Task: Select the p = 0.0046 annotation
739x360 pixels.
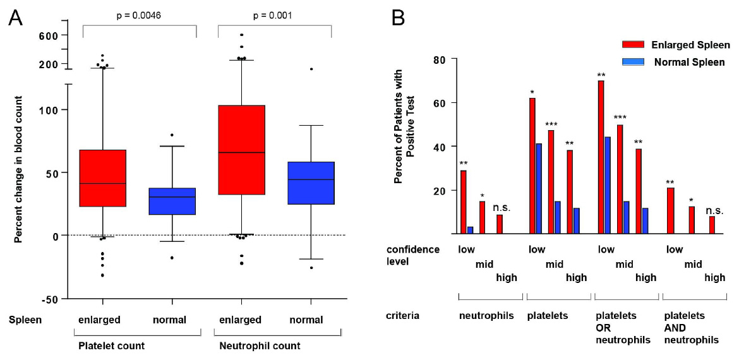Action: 140,15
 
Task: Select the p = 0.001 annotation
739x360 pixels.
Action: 274,15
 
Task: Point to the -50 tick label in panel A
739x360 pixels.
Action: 51,299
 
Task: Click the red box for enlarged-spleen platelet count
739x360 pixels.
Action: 103,178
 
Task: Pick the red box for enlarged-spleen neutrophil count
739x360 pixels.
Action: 241,150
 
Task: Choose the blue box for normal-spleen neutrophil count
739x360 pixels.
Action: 311,183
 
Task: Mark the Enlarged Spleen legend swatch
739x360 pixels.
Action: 632,45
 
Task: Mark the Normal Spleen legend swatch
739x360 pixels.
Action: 632,62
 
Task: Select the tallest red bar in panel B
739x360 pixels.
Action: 601,157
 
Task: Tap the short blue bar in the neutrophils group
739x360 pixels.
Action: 471,230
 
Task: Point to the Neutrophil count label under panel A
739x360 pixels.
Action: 259,345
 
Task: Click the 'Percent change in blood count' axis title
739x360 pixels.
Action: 18,169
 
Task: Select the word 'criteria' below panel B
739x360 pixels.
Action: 402,315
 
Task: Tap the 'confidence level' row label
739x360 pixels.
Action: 412,255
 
